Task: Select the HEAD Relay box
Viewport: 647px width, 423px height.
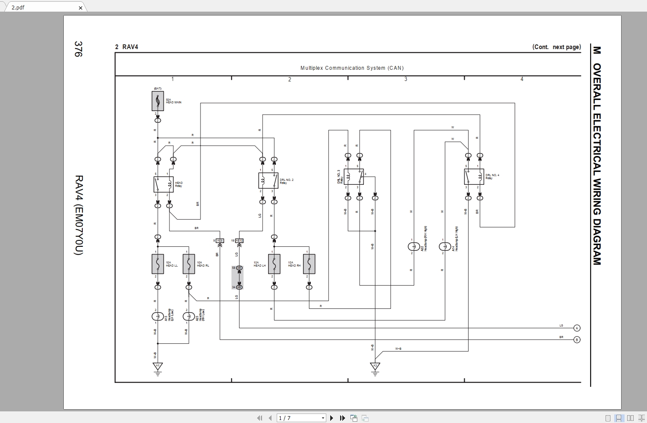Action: (x=163, y=184)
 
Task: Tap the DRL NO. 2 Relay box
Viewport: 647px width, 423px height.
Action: (x=268, y=180)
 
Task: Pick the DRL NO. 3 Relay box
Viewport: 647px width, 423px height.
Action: (x=353, y=177)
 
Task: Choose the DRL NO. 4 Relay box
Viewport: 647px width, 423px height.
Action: (x=474, y=177)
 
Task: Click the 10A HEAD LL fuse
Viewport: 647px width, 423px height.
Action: (x=158, y=264)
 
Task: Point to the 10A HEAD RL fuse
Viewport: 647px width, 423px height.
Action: (x=189, y=264)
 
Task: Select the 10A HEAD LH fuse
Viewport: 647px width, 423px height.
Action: (x=274, y=264)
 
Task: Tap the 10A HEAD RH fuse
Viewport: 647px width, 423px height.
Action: (x=309, y=264)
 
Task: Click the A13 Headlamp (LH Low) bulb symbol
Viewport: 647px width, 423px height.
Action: (x=158, y=316)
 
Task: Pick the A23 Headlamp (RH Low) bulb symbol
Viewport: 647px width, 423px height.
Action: (x=189, y=316)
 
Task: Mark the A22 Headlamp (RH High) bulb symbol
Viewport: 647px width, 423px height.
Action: (x=414, y=246)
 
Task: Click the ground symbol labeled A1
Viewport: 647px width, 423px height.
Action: (x=158, y=367)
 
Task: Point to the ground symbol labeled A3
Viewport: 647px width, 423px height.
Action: (x=375, y=367)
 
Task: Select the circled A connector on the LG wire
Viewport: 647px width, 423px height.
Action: (x=577, y=328)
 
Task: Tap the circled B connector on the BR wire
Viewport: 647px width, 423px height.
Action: (x=577, y=340)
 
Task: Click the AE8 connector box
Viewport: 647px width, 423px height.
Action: (x=220, y=240)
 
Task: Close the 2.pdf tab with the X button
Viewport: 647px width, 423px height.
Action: (x=81, y=8)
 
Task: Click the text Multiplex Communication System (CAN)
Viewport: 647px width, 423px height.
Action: (x=352, y=68)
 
